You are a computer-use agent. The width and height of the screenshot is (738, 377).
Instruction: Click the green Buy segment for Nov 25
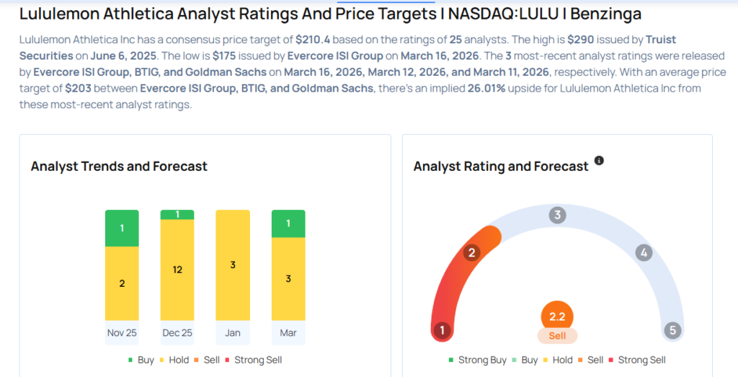click(122, 228)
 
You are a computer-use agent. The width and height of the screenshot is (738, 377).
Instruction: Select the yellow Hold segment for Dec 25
click(177, 270)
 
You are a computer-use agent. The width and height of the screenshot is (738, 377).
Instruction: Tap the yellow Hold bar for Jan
click(233, 265)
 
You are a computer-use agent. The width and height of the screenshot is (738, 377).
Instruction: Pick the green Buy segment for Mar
click(288, 223)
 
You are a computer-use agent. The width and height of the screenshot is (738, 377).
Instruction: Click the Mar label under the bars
click(288, 333)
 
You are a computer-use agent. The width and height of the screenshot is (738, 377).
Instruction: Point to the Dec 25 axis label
click(177, 333)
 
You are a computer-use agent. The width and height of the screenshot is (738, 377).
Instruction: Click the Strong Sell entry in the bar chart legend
click(253, 360)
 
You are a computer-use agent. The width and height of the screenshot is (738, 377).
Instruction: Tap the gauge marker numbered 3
click(557, 215)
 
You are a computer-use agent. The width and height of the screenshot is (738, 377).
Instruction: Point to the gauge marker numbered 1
click(441, 331)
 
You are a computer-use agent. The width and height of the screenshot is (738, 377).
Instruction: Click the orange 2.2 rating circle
click(557, 316)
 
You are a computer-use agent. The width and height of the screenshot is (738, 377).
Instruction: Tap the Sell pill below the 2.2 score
click(557, 336)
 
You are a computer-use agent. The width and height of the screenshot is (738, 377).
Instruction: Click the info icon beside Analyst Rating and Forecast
click(599, 160)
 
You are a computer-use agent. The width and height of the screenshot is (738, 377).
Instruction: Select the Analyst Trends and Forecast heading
click(119, 166)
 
